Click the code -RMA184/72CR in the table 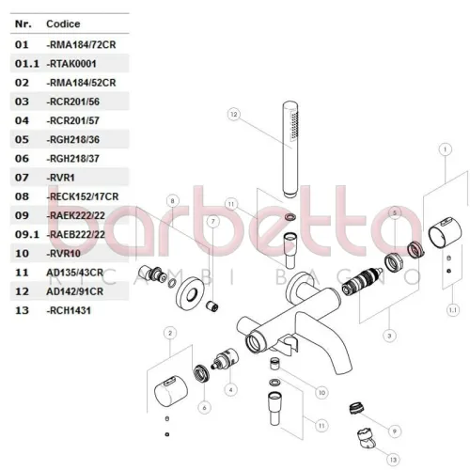point(81,45)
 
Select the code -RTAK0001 point(71,64)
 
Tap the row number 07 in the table point(22,178)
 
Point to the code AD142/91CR point(74,291)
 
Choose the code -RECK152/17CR point(82,196)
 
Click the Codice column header point(63,23)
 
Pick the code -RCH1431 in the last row point(69,311)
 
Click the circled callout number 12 point(234,115)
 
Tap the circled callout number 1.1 point(453,310)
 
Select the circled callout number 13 point(393,460)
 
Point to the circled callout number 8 point(172,201)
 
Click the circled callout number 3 point(389,336)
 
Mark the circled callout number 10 point(321,393)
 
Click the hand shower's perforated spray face point(294,124)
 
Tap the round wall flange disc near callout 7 point(190,294)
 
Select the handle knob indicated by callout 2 point(171,391)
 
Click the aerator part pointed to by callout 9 point(356,408)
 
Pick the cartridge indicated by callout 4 point(225,358)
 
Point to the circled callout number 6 point(204,408)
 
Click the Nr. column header point(23,23)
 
